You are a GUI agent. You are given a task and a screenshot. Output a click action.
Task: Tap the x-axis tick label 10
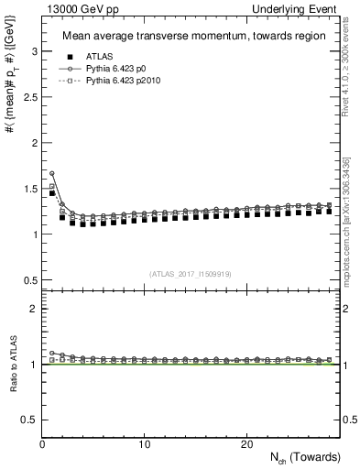145,444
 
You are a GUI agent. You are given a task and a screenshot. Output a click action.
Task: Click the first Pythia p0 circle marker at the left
52,173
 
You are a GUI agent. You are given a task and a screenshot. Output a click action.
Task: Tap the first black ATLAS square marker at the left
52,193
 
